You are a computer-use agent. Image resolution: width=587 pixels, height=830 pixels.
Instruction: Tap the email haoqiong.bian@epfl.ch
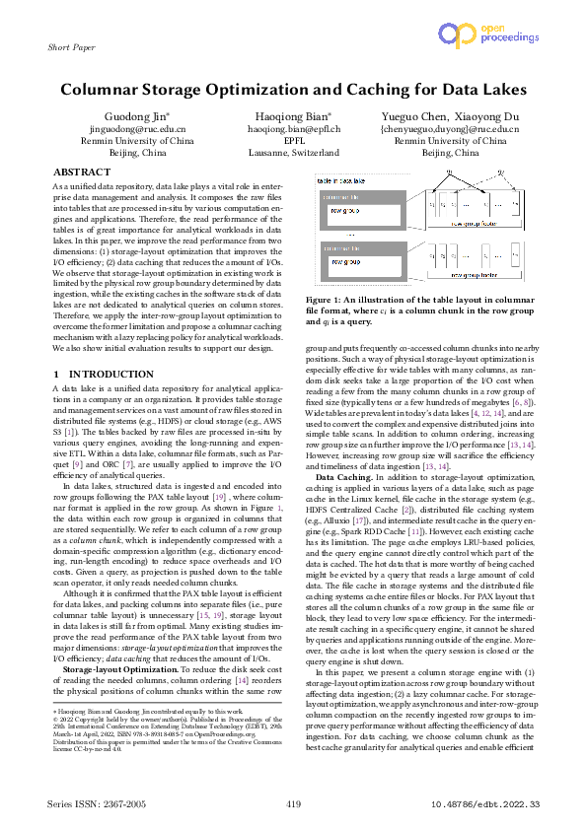pos(293,129)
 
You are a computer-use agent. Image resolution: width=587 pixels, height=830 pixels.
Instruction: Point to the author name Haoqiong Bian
pos(293,116)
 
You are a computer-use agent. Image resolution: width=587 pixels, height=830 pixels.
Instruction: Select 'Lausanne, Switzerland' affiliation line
pos(293,154)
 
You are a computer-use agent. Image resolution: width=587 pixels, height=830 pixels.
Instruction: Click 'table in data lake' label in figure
pos(336,181)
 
